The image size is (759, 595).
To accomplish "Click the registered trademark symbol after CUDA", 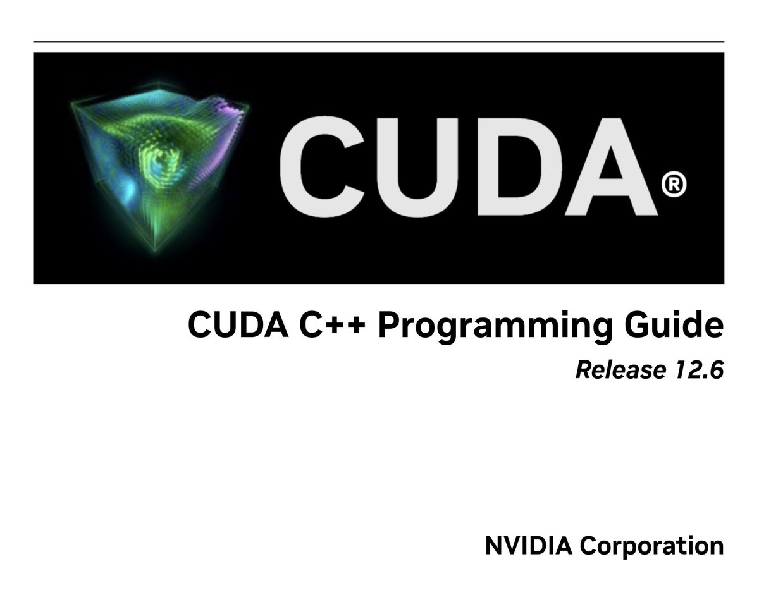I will point(673,185).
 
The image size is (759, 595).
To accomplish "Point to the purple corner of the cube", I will point(231,114).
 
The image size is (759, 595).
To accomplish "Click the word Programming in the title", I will point(496,326).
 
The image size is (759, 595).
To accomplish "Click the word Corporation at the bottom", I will point(652,546).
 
